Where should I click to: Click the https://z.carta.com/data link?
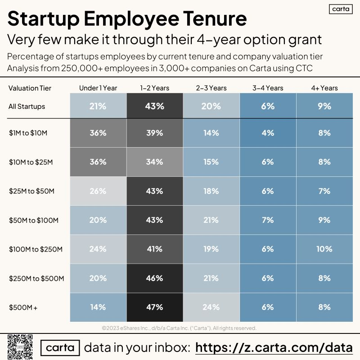(274, 348)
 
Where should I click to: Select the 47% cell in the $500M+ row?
(155, 307)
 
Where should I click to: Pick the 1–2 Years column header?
(155, 88)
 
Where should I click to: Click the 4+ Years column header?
(324, 88)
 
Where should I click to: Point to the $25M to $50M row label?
(31, 191)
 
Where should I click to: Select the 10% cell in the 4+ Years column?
(324, 249)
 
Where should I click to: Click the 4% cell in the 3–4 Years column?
(267, 133)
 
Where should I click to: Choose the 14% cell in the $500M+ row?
(98, 307)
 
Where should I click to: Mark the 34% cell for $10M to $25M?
(155, 162)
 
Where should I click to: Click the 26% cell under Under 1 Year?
(98, 191)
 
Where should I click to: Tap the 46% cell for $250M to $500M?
(155, 278)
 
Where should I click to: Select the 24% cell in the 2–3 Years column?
(211, 307)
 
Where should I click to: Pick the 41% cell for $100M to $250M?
(155, 249)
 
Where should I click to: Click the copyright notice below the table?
(180, 328)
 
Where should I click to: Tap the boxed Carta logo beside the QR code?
(60, 348)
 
